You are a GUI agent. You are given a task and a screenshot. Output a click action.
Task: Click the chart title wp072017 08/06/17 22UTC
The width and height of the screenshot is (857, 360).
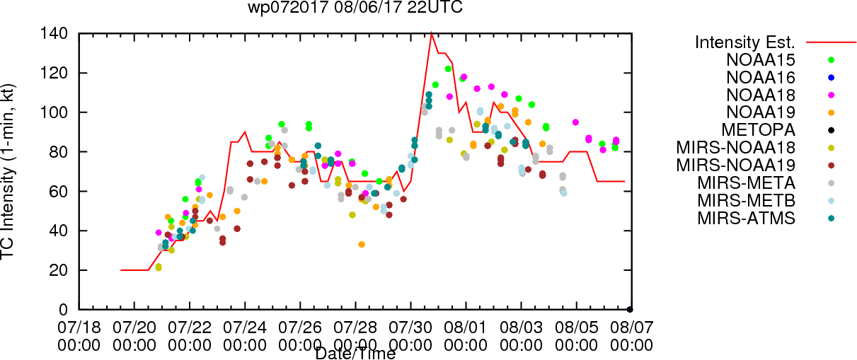point(355,7)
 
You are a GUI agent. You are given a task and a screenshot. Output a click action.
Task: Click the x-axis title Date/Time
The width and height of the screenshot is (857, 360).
point(355,354)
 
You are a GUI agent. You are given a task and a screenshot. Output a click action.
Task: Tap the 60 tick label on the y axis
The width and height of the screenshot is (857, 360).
point(58,191)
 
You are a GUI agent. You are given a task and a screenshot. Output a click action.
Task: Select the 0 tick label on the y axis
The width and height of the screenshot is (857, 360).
point(63,310)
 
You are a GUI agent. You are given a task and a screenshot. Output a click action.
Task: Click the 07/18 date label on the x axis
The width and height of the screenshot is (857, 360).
point(79,327)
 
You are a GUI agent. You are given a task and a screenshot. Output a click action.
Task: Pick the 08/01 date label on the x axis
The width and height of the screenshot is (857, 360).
point(466,327)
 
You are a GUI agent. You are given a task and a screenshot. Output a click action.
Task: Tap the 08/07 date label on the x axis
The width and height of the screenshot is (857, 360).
point(632,327)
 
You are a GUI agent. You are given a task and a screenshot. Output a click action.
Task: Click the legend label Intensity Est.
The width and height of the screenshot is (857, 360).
point(745,42)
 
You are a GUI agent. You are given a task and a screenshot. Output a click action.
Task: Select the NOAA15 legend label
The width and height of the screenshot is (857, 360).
point(761,60)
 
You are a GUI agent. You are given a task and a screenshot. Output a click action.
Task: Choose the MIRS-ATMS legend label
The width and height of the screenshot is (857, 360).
point(746,219)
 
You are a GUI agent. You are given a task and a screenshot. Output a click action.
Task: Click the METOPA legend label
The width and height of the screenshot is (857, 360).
point(759,130)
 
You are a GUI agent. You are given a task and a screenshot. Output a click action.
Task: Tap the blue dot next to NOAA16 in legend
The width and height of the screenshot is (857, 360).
point(831,78)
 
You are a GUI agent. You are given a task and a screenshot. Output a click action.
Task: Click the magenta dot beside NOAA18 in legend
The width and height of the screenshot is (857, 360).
point(831,95)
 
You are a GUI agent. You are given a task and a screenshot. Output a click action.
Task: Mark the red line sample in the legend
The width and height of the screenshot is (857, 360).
point(831,42)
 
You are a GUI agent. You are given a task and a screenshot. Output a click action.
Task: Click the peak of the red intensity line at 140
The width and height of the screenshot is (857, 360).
point(432,34)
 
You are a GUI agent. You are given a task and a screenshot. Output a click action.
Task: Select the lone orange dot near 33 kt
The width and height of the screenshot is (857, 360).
point(362,244)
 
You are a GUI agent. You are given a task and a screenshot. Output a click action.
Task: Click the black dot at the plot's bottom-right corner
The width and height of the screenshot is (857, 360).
point(630,310)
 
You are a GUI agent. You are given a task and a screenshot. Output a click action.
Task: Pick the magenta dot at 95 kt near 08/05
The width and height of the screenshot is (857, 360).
point(575,122)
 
